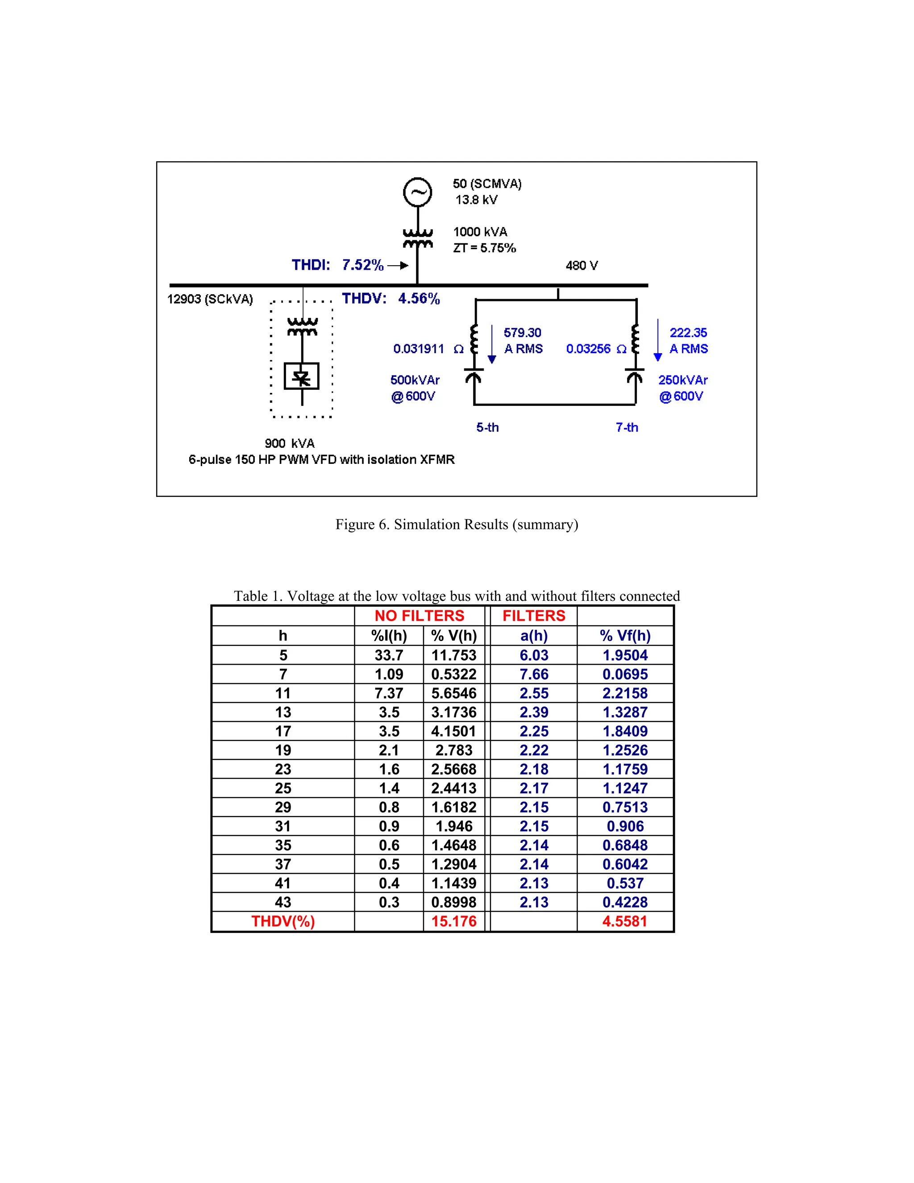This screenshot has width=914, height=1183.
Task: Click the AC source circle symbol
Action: [x=417, y=192]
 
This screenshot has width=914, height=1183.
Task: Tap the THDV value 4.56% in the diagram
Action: [x=419, y=299]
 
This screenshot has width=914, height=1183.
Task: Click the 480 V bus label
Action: [x=582, y=266]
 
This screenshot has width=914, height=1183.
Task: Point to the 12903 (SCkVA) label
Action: [x=210, y=299]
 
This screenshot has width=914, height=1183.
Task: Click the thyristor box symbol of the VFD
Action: [x=302, y=376]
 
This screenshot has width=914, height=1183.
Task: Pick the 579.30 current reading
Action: [x=522, y=333]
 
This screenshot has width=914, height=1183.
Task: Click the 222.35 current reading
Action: [x=688, y=333]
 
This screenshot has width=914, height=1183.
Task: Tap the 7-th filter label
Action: [x=627, y=427]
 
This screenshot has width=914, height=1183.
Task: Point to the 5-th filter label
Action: [x=487, y=427]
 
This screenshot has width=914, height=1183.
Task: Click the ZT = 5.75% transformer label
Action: [x=484, y=248]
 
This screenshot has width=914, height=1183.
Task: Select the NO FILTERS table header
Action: [x=419, y=616]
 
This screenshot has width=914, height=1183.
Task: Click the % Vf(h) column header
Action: [x=625, y=635]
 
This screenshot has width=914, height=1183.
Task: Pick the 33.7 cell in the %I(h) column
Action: [x=389, y=655]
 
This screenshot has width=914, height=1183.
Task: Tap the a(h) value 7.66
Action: [x=534, y=675]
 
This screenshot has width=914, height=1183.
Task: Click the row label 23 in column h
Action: [x=283, y=769]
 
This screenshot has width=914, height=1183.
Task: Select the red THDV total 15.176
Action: [x=454, y=921]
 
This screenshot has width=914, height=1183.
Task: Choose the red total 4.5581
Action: [x=625, y=921]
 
